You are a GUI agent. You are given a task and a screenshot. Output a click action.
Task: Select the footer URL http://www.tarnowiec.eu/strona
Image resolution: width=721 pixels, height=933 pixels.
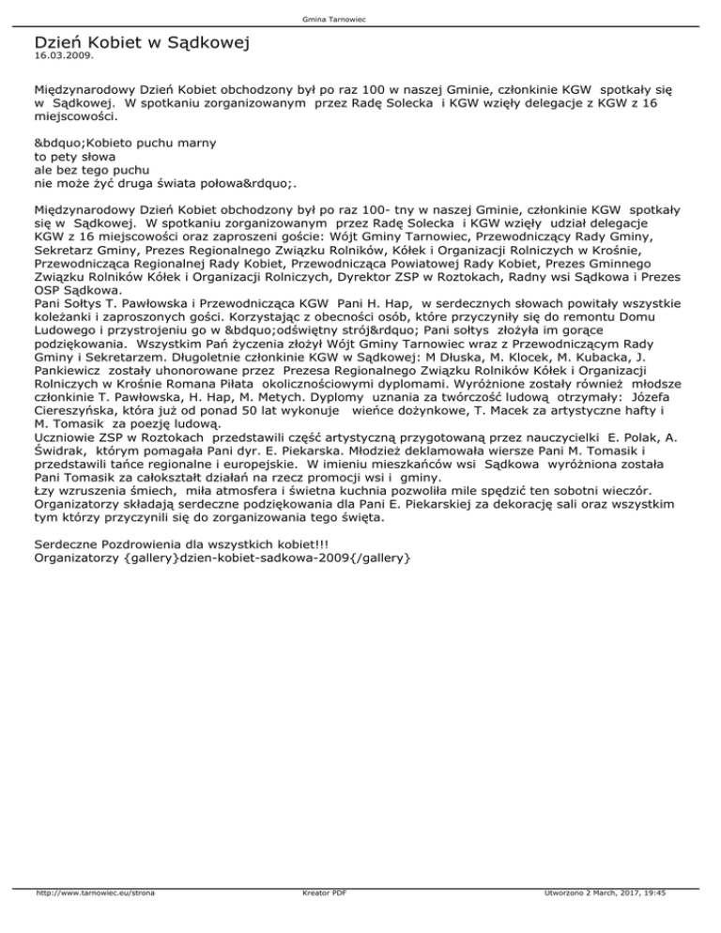(94, 920)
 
